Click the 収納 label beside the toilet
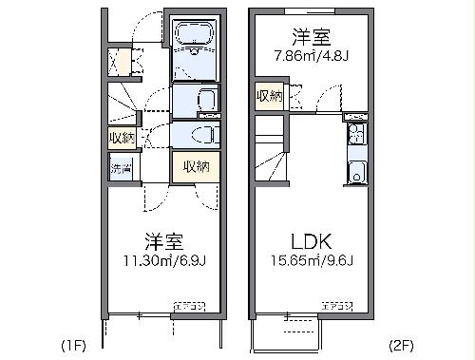coord(196,167)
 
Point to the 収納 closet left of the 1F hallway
coord(121,137)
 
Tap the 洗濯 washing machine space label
coord(121,168)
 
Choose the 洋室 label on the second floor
coord(311,36)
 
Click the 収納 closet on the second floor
coord(268,95)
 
